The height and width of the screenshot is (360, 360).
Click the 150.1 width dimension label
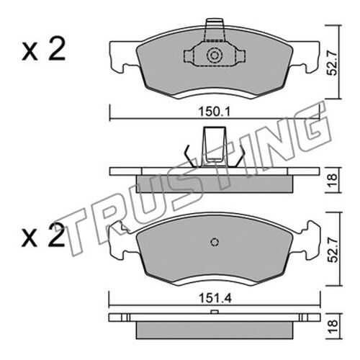click(215, 112)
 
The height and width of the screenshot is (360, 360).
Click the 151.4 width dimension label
click(215, 299)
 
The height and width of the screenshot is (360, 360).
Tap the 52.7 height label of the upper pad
click(333, 62)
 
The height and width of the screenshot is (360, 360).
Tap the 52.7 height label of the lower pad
click(333, 249)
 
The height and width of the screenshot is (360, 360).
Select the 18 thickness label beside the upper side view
click(333, 181)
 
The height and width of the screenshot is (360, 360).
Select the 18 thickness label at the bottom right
click(333, 325)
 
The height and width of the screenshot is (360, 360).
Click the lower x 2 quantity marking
click(43, 235)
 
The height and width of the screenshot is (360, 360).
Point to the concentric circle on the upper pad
click(215, 55)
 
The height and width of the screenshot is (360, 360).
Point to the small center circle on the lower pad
click(215, 242)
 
